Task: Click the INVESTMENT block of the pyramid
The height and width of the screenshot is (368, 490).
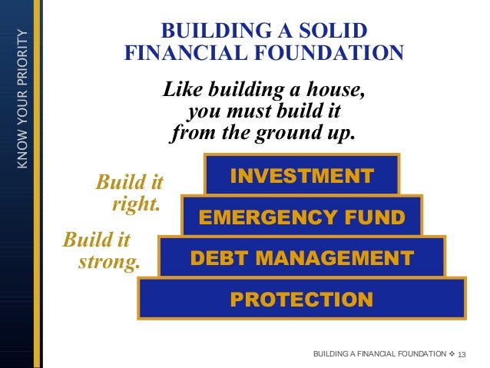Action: pos(302,176)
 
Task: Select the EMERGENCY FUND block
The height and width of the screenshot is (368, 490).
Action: pos(302,217)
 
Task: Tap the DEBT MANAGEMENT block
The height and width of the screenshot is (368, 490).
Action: pos(302,257)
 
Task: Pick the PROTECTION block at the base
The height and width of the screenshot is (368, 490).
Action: pos(302,298)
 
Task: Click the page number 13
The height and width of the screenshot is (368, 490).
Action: pos(462,353)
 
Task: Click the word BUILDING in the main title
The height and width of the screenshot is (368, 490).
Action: pos(210,31)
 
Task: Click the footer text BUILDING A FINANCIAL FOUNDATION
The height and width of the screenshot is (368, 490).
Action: pos(379,353)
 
